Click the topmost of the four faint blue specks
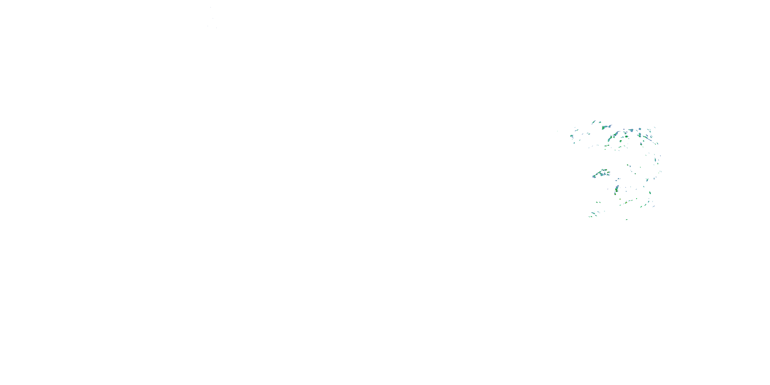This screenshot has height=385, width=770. click(210, 7)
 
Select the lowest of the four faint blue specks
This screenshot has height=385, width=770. click(216, 28)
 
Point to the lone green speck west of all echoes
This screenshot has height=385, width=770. click(557, 131)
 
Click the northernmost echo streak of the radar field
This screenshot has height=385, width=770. click(594, 122)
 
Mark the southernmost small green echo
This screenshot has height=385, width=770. click(627, 219)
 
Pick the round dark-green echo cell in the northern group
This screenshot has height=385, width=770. click(626, 137)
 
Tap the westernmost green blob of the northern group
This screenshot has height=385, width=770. click(572, 136)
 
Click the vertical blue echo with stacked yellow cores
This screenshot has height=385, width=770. click(617, 189)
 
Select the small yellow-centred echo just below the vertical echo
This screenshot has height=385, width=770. click(620, 199)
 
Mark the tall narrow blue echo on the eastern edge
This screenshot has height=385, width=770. click(655, 160)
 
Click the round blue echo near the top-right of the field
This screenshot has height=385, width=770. click(640, 129)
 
